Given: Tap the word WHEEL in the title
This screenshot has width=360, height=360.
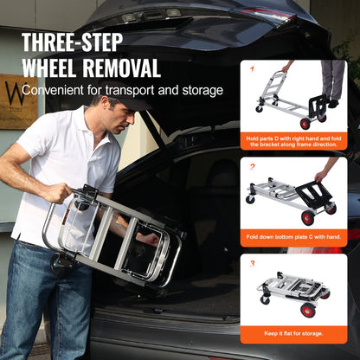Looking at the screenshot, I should [x=55, y=67].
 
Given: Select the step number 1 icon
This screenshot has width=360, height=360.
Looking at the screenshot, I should [x=254, y=67].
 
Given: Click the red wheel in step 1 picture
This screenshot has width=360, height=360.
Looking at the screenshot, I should [x=305, y=123].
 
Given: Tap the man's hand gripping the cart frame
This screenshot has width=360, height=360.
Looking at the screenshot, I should [x=61, y=193].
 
